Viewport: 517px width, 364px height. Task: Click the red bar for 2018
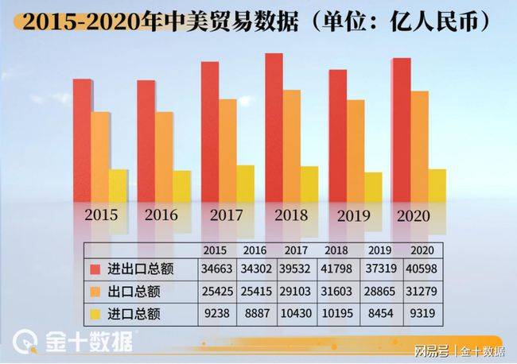click(x=274, y=127)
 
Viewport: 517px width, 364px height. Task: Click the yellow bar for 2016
click(x=182, y=186)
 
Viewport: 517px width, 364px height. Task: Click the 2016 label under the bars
click(x=161, y=215)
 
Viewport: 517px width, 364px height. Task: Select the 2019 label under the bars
click(x=354, y=215)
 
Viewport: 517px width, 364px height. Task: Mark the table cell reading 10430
click(x=297, y=314)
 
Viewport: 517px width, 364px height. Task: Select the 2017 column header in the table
click(x=297, y=249)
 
